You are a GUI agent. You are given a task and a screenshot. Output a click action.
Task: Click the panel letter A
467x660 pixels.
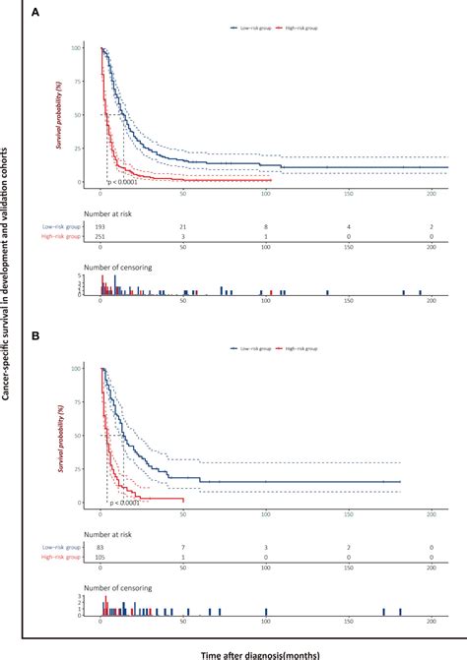point(34,14)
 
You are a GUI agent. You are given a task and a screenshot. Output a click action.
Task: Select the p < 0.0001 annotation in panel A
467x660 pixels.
point(125,183)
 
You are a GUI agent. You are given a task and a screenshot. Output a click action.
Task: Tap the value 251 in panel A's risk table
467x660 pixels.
point(100,238)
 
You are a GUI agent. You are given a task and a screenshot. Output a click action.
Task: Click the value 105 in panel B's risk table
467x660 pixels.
point(100,558)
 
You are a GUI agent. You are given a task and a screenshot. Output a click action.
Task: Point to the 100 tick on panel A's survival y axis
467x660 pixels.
point(90,47)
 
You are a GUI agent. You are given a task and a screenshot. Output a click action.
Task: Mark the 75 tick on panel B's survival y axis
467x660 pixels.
point(92,401)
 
